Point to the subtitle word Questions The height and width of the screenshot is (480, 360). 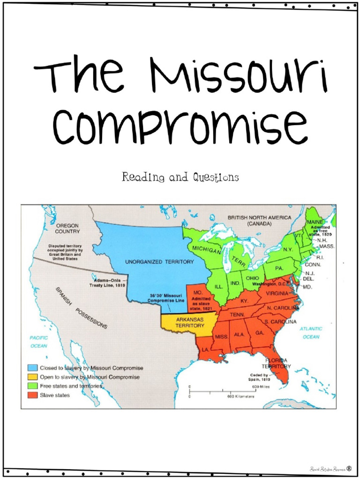(215, 177)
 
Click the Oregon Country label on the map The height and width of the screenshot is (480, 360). (67, 228)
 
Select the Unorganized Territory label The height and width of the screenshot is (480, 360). (159, 262)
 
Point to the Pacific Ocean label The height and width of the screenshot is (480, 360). (38, 342)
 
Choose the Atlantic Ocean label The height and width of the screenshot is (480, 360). (311, 333)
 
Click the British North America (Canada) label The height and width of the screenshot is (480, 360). (259, 220)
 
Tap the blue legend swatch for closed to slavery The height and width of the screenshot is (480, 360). (32, 368)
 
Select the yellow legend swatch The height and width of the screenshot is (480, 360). (32, 377)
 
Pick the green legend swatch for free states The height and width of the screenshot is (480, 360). (32, 386)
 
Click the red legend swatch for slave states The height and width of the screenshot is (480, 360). (32, 395)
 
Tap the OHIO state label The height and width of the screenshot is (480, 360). (253, 278)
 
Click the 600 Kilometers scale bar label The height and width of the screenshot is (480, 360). (240, 396)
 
